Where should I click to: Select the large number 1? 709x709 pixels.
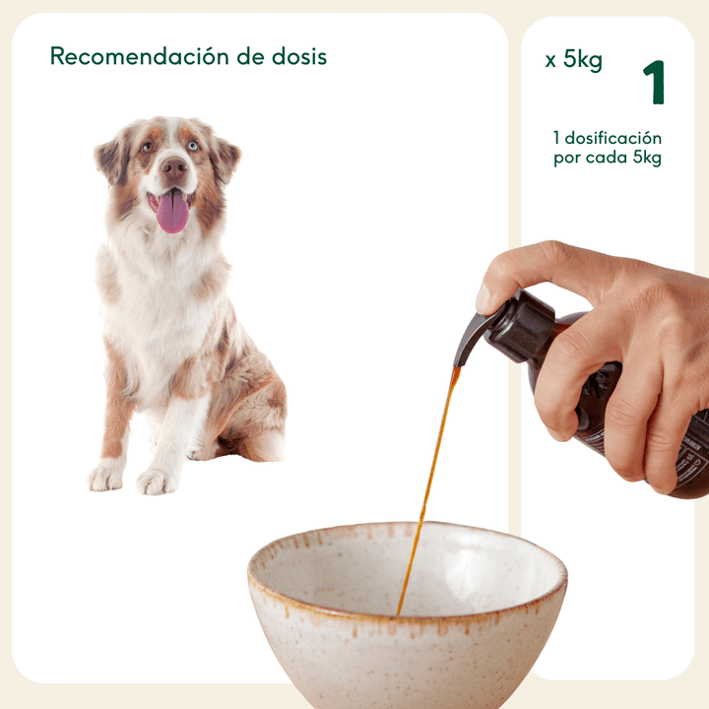654,83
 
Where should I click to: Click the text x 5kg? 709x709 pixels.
573,60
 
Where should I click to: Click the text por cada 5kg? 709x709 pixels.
607,159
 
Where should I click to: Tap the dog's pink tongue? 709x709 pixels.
172,213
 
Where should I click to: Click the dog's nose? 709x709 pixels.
173,168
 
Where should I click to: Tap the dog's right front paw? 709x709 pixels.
105,478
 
